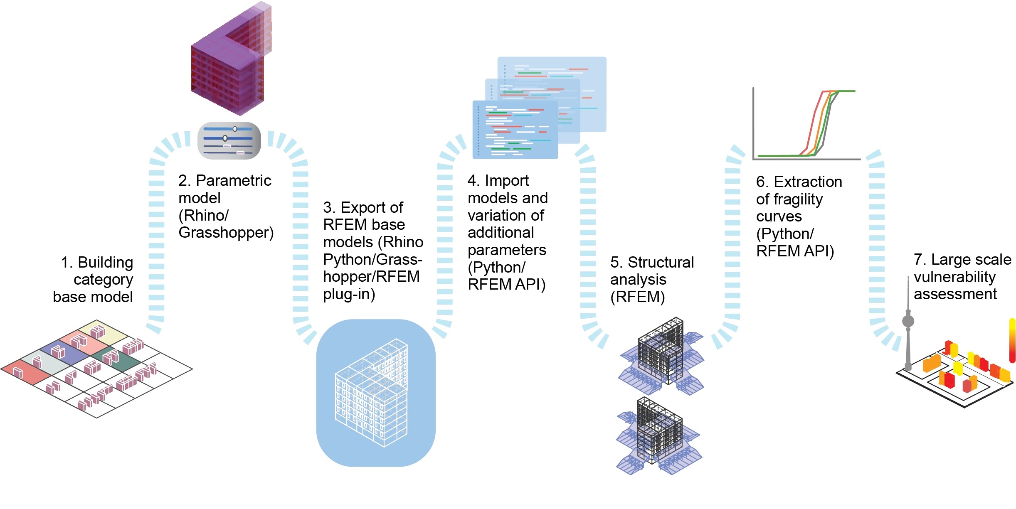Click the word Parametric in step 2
pyautogui.click(x=233, y=181)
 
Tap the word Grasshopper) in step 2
pyautogui.click(x=226, y=233)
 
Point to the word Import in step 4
pyautogui.click(x=506, y=181)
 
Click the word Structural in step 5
pyautogui.click(x=661, y=263)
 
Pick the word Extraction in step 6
pyautogui.click(x=808, y=182)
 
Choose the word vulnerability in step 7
pyautogui.click(x=954, y=277)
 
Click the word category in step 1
pyautogui.click(x=103, y=280)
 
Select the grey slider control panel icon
pyautogui.click(x=229, y=141)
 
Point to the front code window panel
pyautogui.click(x=515, y=130)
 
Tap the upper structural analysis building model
pyautogui.click(x=661, y=355)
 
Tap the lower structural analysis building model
pyautogui.click(x=659, y=434)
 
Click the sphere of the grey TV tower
pyautogui.click(x=908, y=321)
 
